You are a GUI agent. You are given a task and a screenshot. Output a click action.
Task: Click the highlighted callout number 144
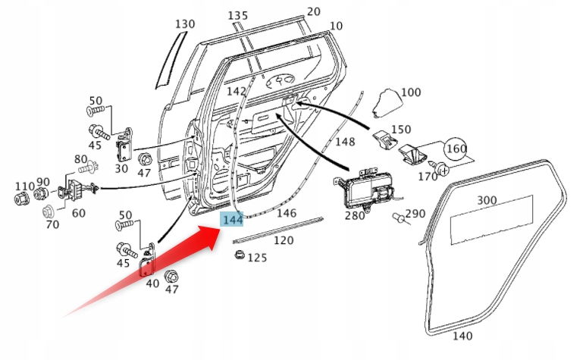232,220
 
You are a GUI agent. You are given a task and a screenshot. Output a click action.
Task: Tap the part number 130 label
184,24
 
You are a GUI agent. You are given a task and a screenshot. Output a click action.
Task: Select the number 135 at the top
237,15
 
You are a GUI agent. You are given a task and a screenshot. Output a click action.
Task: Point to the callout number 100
410,92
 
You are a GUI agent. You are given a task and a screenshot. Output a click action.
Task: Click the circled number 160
455,149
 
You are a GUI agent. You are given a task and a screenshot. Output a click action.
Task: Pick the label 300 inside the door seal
487,201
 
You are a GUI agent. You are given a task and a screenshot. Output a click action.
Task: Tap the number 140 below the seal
462,336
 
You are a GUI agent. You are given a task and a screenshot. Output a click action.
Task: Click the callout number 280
354,216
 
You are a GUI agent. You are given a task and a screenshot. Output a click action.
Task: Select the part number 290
415,214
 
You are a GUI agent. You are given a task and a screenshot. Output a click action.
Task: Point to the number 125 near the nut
257,258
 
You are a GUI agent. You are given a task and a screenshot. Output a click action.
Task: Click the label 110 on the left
24,186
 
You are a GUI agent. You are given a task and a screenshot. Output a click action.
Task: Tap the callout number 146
286,214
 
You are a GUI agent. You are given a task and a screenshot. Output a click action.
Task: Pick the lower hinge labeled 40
148,261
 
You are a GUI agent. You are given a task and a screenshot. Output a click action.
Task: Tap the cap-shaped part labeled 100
388,102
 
